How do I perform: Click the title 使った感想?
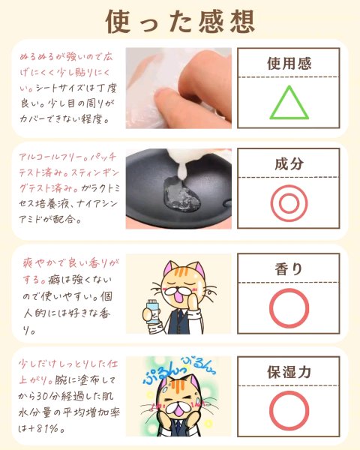[180, 22]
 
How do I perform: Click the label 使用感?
[289, 64]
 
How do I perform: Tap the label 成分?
[289, 163]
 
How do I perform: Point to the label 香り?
[289, 269]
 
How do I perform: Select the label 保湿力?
[289, 372]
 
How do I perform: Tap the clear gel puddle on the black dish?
[181, 194]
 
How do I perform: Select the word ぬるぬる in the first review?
[37, 56]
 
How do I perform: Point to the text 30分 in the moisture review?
[49, 397]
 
